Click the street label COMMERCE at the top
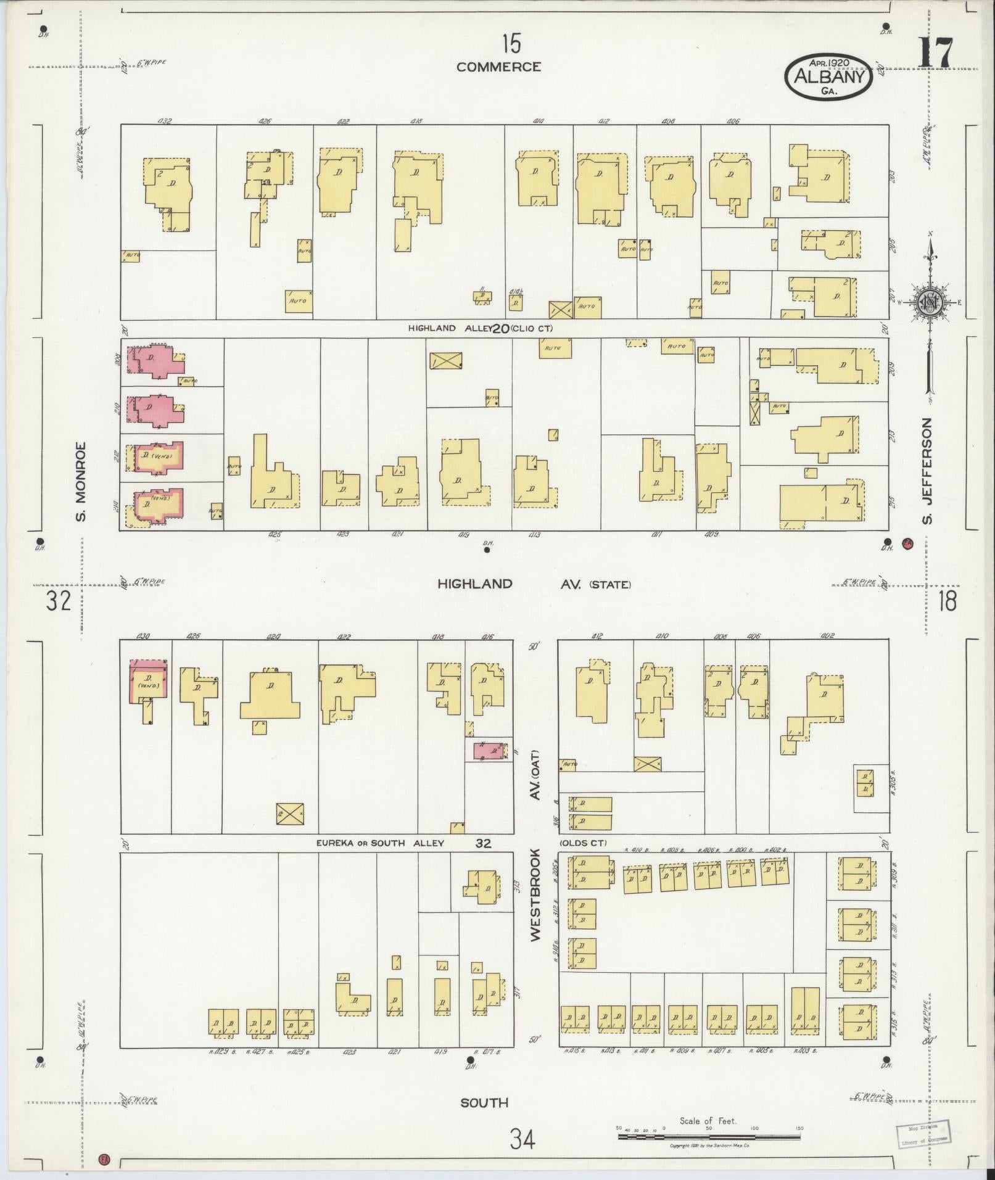(x=498, y=67)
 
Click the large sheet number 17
(x=935, y=53)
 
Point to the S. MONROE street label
(x=80, y=481)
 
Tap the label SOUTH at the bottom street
(x=484, y=1102)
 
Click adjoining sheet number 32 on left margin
(x=59, y=600)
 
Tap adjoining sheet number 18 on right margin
(x=947, y=600)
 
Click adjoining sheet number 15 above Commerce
(x=511, y=44)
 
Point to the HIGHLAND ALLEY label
(x=449, y=328)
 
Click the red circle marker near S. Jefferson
(x=907, y=544)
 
